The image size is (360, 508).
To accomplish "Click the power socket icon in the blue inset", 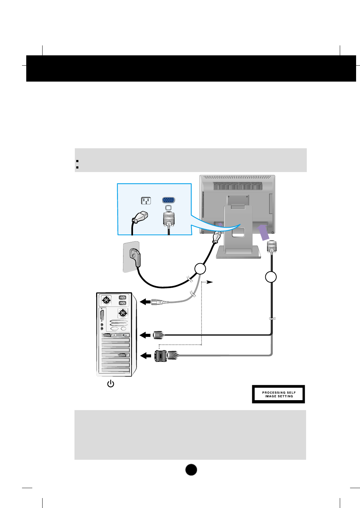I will [x=146, y=201].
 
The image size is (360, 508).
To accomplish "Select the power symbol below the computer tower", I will [x=111, y=383].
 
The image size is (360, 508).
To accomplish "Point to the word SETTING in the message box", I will [x=286, y=396].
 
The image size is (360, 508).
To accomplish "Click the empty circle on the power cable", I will [x=200, y=269].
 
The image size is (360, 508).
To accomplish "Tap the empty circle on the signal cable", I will [x=271, y=277].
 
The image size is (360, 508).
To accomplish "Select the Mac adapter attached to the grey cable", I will [x=161, y=355].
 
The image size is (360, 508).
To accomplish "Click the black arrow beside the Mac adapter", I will [x=146, y=355].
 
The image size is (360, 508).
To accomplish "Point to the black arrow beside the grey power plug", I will [x=145, y=302].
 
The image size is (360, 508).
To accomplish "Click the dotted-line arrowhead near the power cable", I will [x=210, y=282].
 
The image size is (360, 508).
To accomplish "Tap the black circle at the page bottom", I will [x=191, y=470].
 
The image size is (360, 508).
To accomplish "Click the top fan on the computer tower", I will [x=106, y=300].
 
